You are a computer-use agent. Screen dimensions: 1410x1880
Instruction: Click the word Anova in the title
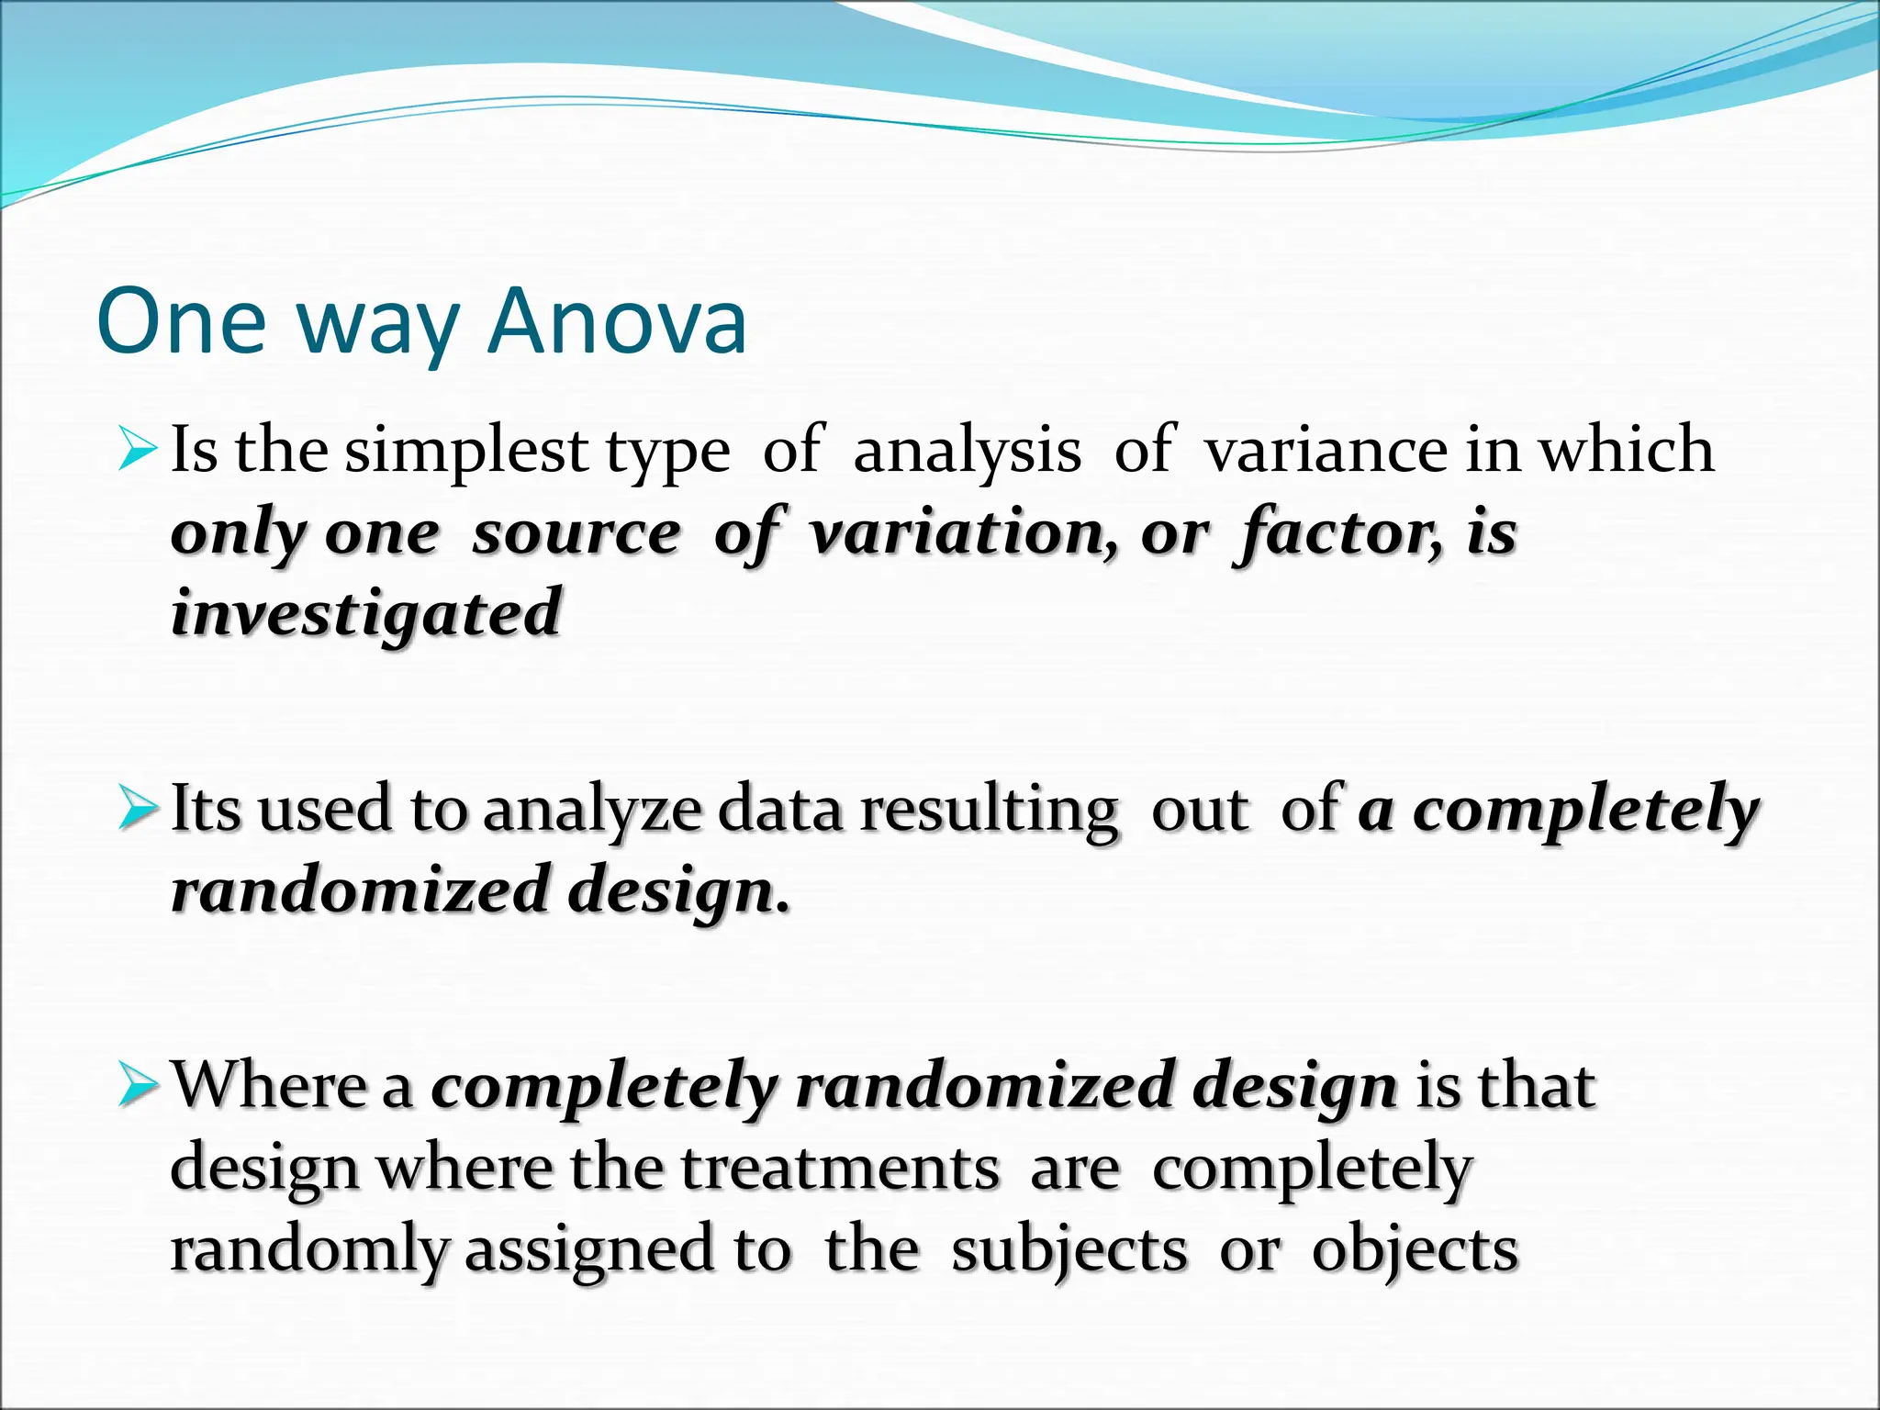[618, 321]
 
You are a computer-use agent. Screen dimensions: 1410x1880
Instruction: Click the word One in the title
[181, 321]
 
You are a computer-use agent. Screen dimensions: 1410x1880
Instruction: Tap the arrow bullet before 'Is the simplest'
[139, 452]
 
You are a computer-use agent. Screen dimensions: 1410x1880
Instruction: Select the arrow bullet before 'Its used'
[139, 810]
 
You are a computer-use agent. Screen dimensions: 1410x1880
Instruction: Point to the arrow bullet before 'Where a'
[139, 1086]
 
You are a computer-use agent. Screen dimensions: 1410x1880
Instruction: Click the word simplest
[466, 452]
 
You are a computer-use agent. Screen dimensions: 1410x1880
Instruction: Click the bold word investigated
[365, 613]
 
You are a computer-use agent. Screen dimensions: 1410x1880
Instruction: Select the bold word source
[576, 532]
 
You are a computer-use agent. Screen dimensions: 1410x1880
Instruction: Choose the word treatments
[840, 1169]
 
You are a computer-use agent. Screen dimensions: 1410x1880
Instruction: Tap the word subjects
[1069, 1250]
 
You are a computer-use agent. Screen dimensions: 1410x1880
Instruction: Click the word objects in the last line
[1415, 1250]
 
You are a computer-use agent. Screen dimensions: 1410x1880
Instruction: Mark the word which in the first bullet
[1626, 452]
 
